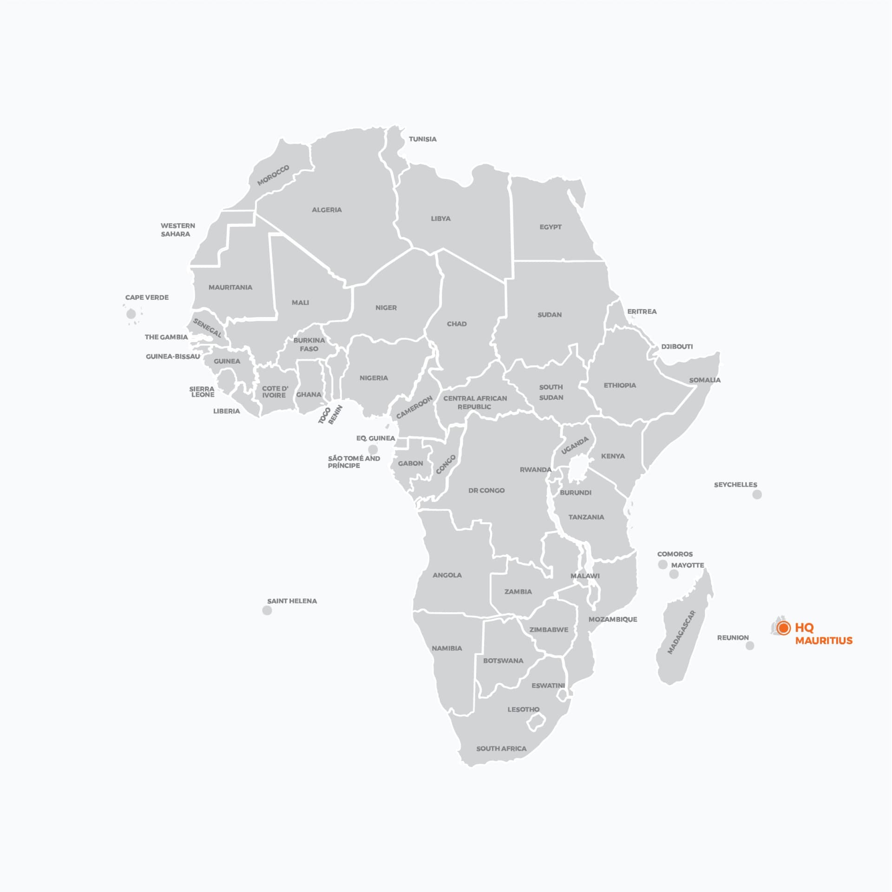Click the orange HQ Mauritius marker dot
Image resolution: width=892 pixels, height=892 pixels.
point(783,628)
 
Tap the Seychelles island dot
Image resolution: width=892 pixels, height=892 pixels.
point(757,495)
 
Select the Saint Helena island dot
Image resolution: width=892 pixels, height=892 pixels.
point(267,610)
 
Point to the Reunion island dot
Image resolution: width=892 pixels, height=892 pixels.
point(750,646)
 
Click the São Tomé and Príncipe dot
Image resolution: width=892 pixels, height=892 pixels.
point(373,449)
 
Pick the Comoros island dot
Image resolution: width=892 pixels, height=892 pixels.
point(663,565)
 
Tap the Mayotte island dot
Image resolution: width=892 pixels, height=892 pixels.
point(674,575)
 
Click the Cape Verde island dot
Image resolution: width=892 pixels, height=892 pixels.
point(131,314)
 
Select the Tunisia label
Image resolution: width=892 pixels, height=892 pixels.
point(422,139)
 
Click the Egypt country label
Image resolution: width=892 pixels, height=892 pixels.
point(551,227)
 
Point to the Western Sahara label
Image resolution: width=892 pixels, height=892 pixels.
point(177,230)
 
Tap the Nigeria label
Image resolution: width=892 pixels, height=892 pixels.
point(374,378)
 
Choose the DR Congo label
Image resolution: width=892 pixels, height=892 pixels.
point(486,490)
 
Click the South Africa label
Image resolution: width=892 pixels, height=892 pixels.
point(501,748)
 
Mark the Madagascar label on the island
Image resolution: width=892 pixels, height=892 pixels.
point(681,632)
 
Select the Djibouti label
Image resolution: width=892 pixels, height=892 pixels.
point(677,346)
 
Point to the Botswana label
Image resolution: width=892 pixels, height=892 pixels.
point(503,661)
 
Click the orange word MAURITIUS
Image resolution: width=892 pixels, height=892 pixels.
point(824,641)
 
